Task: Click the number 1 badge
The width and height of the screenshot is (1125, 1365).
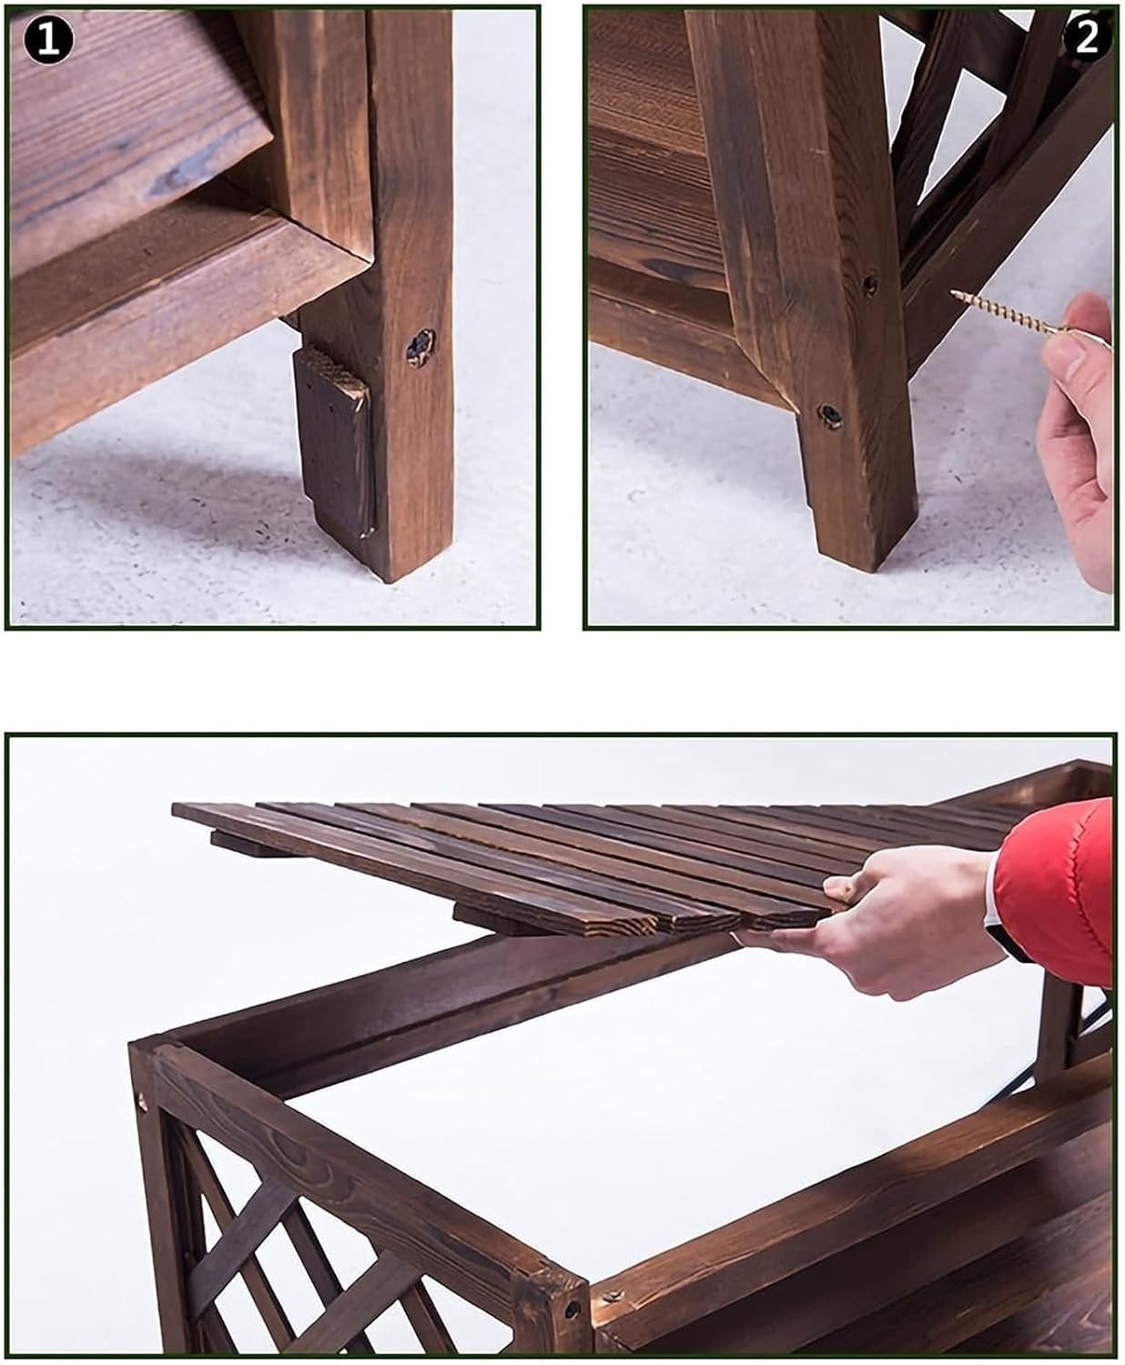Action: point(47,41)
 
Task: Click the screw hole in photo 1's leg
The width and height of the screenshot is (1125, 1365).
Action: point(420,346)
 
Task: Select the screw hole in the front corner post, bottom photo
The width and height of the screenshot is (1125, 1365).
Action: point(573,1309)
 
